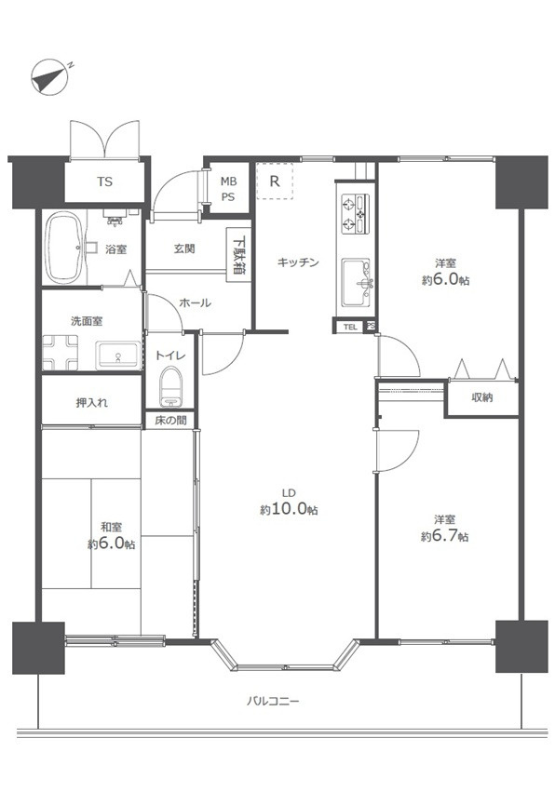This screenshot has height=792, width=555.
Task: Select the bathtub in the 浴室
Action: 65,247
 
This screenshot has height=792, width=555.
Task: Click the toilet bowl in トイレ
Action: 170,384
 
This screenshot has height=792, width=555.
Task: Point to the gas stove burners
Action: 358,212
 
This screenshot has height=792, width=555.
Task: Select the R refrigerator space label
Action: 275,181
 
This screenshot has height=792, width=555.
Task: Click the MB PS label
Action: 228,189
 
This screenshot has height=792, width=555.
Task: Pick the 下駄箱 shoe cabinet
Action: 239,252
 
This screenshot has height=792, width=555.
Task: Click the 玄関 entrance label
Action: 183,249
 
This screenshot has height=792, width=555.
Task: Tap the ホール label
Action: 195,303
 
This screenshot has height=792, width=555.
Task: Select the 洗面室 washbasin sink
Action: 118,356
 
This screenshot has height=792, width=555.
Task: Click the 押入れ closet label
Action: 91,404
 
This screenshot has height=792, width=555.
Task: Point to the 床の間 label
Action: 169,421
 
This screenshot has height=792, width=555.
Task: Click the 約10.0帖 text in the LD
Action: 290,510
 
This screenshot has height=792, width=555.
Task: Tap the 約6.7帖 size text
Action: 444,536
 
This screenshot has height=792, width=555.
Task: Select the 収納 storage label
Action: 481,398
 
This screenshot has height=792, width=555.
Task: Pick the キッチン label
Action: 298,262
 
